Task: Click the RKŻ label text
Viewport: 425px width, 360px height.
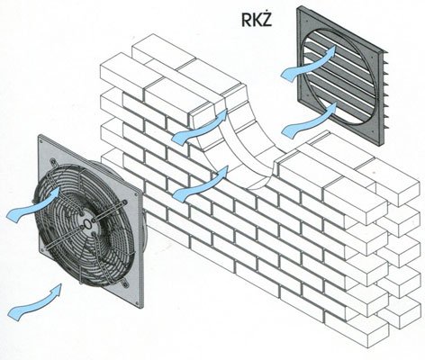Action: (257, 20)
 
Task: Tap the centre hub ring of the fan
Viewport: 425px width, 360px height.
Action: (87, 223)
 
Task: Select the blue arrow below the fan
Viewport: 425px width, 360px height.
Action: (34, 301)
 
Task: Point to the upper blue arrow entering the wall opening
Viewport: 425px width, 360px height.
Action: (199, 127)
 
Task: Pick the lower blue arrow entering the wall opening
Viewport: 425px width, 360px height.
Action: (201, 183)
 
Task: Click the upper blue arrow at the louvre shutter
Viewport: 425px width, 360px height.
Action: (309, 63)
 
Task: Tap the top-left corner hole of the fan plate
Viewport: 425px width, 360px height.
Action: (41, 140)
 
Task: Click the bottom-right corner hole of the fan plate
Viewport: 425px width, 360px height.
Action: (139, 303)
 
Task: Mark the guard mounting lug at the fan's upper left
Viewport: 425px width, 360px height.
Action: (54, 162)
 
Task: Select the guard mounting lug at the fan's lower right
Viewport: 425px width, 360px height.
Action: (124, 283)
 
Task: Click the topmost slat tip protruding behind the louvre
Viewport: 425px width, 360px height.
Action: (386, 53)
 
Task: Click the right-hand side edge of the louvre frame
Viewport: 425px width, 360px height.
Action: (383, 98)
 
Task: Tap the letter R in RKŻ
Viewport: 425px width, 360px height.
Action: (247, 21)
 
